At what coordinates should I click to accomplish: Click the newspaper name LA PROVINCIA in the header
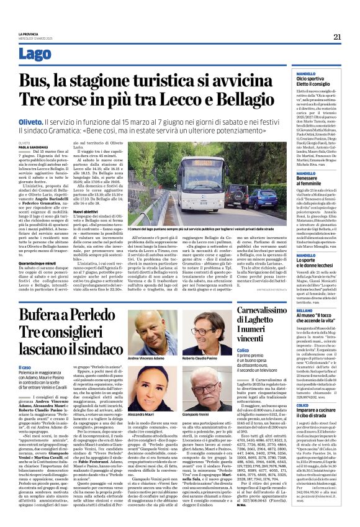(x=28, y=34)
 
